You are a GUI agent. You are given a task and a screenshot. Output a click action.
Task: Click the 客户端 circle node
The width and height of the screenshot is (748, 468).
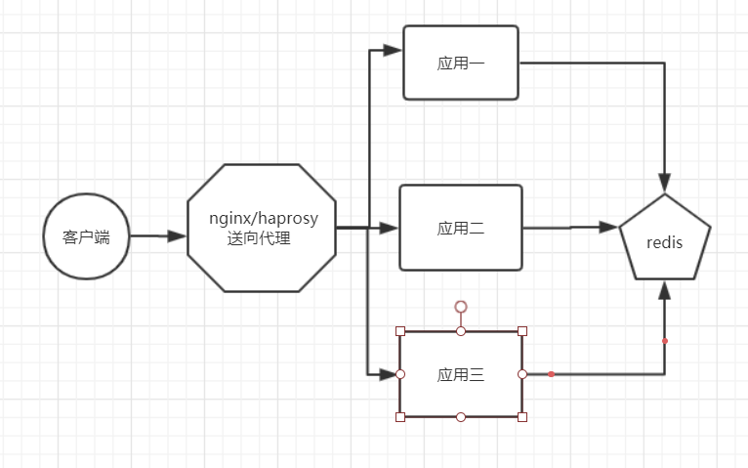point(87,236)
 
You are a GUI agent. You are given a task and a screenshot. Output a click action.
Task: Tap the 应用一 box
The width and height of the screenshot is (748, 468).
point(461,64)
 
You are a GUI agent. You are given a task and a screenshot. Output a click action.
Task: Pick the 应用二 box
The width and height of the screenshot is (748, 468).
point(461,228)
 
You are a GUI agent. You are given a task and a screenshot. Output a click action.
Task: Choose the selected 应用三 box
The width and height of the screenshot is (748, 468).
point(461,374)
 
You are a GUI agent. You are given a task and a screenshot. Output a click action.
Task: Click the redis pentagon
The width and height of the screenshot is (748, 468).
point(665,240)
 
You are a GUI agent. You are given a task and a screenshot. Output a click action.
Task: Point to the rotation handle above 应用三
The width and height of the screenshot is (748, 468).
point(461,307)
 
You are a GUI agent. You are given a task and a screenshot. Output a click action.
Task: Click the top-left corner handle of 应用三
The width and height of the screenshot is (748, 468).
point(400,331)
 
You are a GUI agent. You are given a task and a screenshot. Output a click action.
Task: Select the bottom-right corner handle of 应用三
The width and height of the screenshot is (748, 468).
point(522,417)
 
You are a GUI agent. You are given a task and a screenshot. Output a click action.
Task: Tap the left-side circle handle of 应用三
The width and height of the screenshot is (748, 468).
point(400,374)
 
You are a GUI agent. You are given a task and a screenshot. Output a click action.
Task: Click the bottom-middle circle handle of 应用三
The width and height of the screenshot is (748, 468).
point(461,417)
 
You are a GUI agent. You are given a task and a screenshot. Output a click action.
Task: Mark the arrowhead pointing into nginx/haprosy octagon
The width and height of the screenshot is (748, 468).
point(177,236)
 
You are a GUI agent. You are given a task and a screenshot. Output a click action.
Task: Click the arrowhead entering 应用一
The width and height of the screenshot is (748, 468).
point(393,49)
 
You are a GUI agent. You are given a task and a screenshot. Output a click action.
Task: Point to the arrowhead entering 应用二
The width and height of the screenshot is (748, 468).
point(390,228)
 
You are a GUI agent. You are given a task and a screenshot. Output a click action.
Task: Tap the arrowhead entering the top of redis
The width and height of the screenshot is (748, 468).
point(665,182)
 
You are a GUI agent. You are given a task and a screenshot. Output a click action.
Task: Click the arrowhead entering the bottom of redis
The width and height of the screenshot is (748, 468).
point(665,290)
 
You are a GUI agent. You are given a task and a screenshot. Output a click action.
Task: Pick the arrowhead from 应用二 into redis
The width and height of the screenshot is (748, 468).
point(609,227)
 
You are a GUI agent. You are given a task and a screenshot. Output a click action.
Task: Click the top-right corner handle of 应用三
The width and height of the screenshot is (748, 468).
point(522,331)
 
